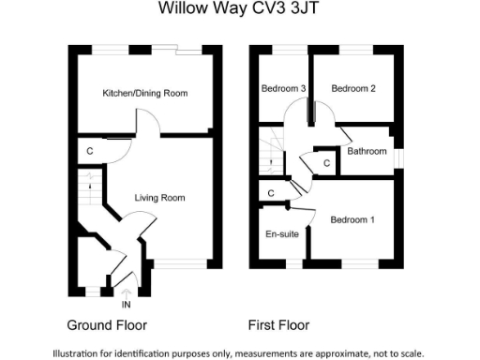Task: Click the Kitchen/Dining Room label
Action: point(145,93)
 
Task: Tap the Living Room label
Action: point(159,198)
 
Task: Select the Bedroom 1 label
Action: point(352,219)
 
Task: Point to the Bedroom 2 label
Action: point(353,89)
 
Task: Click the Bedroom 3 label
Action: point(284,89)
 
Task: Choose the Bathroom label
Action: point(367,151)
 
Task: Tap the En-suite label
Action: point(282,233)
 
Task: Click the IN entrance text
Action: point(127,304)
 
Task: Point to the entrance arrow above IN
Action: point(127,292)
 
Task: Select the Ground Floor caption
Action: point(107,326)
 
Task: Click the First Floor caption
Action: point(278,326)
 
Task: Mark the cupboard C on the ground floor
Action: point(90,151)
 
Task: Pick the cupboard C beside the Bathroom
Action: point(326,163)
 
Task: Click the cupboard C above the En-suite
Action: point(270,194)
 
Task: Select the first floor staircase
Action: point(275,155)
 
